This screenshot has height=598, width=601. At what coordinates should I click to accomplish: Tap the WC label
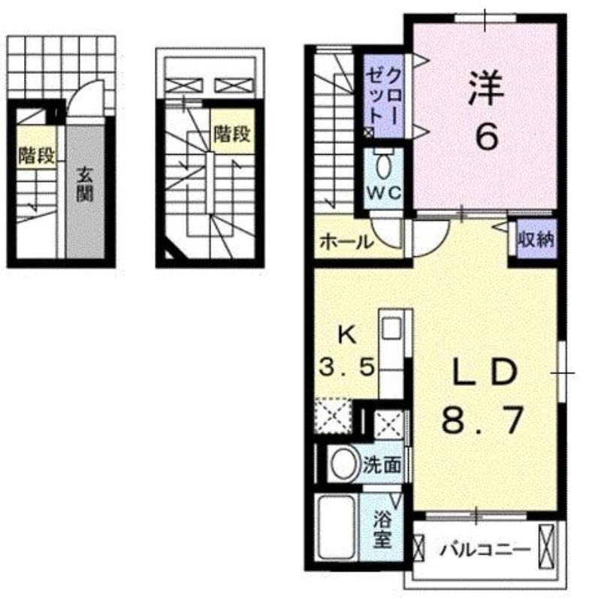[x=384, y=192]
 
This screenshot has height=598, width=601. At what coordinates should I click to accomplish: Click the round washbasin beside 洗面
[x=344, y=464]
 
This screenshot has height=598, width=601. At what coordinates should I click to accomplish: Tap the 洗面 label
[x=382, y=464]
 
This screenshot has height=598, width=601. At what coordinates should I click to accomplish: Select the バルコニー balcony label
[x=485, y=551]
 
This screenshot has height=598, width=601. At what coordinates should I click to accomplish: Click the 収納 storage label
[x=536, y=240]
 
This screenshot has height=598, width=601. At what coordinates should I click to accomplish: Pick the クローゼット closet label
[x=383, y=96]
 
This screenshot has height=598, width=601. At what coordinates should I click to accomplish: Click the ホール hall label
[x=346, y=242]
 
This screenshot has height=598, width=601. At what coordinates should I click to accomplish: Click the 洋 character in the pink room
[x=486, y=86]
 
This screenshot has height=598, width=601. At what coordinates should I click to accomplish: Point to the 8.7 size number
[x=482, y=420]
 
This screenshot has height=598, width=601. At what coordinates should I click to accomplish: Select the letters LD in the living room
[x=485, y=371]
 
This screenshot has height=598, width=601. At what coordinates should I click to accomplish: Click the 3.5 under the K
[x=346, y=367]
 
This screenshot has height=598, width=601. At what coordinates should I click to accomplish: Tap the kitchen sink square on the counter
[x=391, y=328]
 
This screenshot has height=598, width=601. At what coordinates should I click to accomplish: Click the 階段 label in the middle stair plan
[x=232, y=134]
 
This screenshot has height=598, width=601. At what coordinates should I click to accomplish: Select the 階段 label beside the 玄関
[x=37, y=156]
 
